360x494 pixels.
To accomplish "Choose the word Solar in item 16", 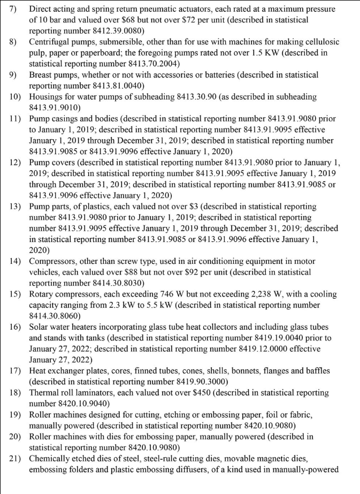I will [40, 327].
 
